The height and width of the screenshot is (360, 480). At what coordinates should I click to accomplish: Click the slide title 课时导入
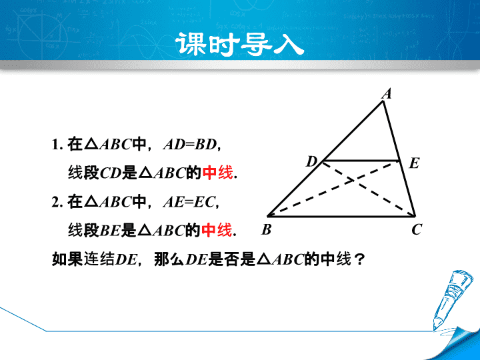click(x=240, y=45)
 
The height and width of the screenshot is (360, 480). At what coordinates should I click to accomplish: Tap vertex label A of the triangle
click(x=387, y=94)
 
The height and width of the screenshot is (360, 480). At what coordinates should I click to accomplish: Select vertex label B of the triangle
click(x=266, y=229)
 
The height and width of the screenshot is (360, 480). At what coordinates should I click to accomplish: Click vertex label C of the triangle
click(x=417, y=229)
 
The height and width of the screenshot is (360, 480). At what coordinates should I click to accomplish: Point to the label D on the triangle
click(x=311, y=161)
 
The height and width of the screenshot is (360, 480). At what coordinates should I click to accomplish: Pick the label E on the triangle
click(x=414, y=163)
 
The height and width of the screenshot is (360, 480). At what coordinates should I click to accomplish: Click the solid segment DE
click(x=361, y=161)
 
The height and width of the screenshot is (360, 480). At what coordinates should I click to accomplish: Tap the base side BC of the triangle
click(x=341, y=216)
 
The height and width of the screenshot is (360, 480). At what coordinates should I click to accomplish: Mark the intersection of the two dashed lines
click(x=354, y=180)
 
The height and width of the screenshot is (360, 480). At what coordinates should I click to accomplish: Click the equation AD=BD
click(x=191, y=144)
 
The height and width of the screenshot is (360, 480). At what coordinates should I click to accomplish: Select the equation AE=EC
click(x=189, y=202)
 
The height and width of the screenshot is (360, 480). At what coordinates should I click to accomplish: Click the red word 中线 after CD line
click(x=217, y=173)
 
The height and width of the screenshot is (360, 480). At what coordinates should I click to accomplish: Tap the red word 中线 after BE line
click(x=217, y=230)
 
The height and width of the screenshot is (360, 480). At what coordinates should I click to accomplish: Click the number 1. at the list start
click(x=57, y=145)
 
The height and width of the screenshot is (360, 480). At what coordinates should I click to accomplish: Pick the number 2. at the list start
click(x=57, y=203)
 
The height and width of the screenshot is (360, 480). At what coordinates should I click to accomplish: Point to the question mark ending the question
click(x=359, y=259)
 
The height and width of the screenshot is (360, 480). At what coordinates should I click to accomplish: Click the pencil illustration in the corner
click(x=449, y=300)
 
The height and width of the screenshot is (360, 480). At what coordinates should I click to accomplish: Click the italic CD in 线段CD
click(x=111, y=173)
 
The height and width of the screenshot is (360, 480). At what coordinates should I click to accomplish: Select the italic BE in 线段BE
click(x=109, y=231)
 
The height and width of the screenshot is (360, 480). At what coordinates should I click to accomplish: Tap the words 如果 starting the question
click(x=67, y=259)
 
